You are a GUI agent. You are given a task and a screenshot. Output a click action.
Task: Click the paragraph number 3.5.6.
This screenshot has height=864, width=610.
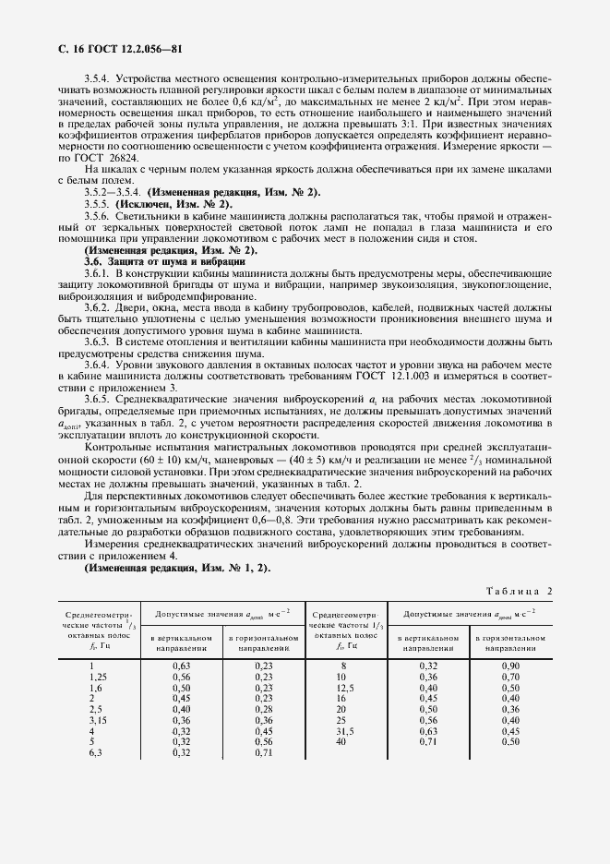pos(98,215)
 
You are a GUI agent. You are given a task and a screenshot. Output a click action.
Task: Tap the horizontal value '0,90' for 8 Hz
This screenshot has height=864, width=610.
pos(510,666)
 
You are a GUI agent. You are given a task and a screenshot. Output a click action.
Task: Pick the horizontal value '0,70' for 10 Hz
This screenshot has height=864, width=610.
pos(510,677)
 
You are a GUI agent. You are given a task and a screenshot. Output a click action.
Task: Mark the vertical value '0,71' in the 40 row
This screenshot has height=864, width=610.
pos(427,742)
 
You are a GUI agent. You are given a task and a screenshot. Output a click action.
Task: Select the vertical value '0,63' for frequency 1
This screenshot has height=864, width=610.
pos(182,666)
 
